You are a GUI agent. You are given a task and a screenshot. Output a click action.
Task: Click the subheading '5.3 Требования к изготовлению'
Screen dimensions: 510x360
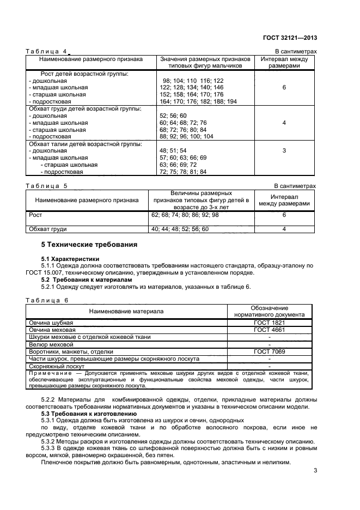pos(85,415)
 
